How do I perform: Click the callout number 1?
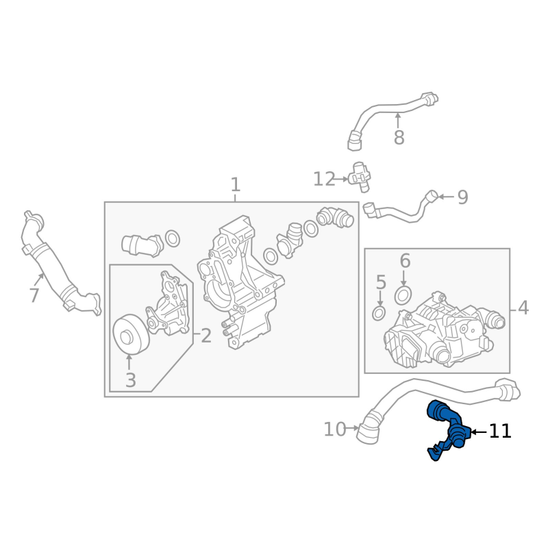tap(235, 185)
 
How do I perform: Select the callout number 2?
tap(206, 336)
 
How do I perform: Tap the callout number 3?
tap(130, 379)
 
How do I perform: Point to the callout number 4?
tap(523, 308)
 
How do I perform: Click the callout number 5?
tap(381, 282)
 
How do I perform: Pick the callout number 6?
tap(405, 261)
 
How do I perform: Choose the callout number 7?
tap(34, 296)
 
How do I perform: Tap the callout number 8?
tap(399, 138)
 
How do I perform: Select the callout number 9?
tap(462, 197)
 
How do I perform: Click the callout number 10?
tap(335, 429)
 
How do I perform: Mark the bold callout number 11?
tap(500, 432)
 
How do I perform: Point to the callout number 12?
tap(324, 179)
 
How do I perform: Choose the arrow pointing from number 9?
tap(445, 197)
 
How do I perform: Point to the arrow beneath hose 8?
tap(398, 120)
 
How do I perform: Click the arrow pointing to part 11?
tap(477, 432)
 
